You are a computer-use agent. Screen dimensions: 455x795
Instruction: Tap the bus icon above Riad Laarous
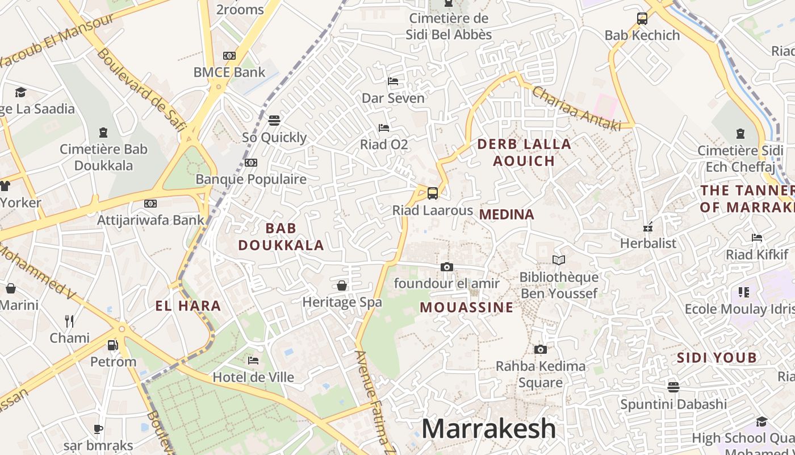click(x=433, y=193)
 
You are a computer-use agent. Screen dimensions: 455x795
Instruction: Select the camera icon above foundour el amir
click(x=447, y=267)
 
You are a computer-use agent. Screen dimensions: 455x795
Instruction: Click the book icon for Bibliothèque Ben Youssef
click(x=559, y=260)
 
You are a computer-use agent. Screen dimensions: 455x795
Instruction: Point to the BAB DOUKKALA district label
click(x=281, y=237)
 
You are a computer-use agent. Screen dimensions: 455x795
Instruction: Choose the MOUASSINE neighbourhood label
click(x=467, y=308)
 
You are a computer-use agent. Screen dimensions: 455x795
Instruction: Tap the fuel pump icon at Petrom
click(x=113, y=345)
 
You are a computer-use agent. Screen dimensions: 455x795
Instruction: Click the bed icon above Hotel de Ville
click(x=253, y=361)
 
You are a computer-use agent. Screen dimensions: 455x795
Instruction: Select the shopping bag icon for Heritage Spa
click(x=342, y=285)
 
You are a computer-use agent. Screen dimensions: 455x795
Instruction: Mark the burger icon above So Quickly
click(x=274, y=121)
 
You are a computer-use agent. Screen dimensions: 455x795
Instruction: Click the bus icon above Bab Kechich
click(x=642, y=19)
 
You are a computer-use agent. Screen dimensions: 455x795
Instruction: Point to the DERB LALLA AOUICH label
click(x=524, y=152)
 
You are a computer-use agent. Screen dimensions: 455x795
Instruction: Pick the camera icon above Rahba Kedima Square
click(x=540, y=349)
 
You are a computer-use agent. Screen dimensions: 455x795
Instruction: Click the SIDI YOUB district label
click(x=717, y=358)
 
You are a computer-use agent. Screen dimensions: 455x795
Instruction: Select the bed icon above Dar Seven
click(x=392, y=81)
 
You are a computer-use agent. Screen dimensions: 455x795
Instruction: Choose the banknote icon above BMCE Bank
click(x=229, y=56)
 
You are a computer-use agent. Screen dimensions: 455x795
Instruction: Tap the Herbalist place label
click(x=648, y=243)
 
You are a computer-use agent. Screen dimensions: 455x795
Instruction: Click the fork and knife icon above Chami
click(x=69, y=321)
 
